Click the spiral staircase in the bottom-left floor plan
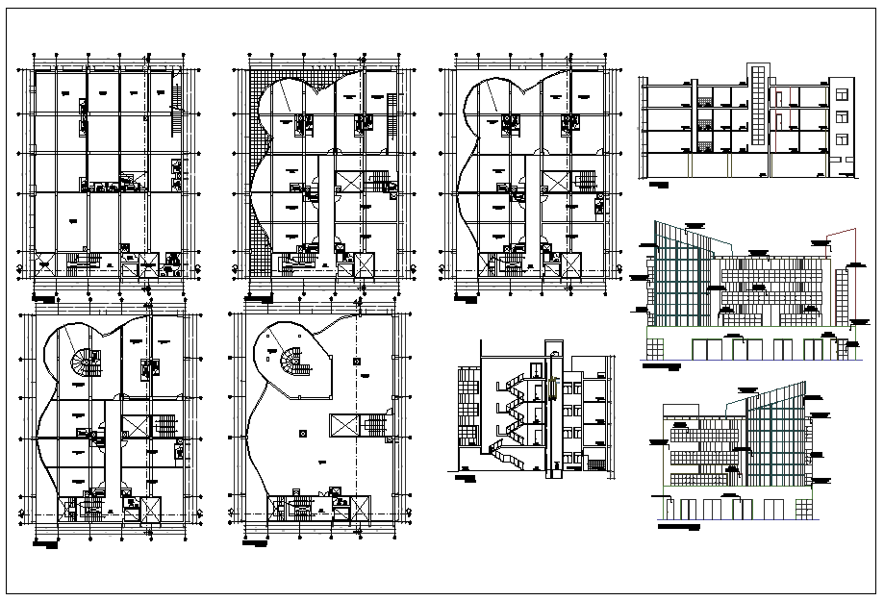[x=83, y=366]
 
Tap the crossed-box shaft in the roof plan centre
[x=342, y=424]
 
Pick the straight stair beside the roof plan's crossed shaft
[x=373, y=424]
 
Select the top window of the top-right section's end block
[x=842, y=95]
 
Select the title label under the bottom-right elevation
[x=679, y=528]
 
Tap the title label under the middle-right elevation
[x=664, y=366]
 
